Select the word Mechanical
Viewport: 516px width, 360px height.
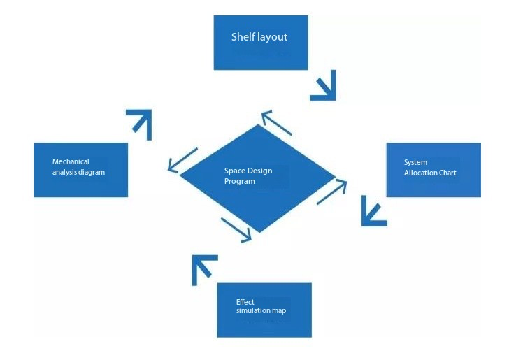coord(71,161)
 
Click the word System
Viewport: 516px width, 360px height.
coord(415,162)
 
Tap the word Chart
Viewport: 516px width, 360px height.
coord(447,173)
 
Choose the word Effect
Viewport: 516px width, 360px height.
coord(245,302)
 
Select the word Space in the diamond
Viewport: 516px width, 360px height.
coord(234,171)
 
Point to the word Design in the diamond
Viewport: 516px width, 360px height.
coord(259,171)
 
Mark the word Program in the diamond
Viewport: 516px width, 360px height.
coord(239,181)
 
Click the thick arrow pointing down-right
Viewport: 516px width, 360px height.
coord(324,85)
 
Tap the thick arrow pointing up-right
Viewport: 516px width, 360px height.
coord(139,123)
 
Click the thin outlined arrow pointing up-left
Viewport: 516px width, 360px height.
coord(275,122)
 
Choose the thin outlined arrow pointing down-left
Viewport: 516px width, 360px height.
coord(182,160)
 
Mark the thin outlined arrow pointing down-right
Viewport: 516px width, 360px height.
coord(236,230)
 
